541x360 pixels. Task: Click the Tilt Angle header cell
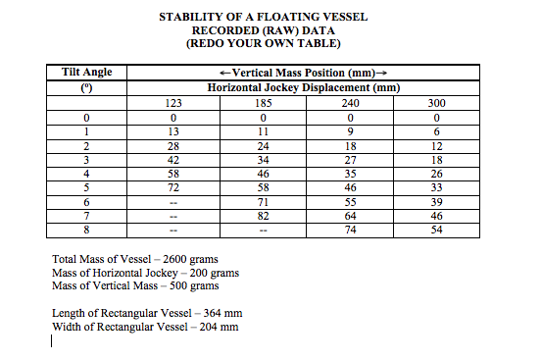pyautogui.click(x=87, y=73)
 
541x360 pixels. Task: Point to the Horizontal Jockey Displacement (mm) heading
pyautogui.click(x=305, y=87)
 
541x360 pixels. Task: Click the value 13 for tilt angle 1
pyautogui.click(x=172, y=129)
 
